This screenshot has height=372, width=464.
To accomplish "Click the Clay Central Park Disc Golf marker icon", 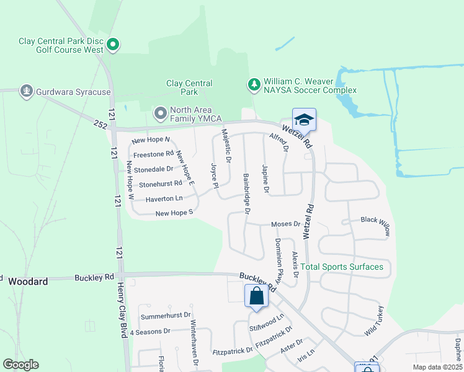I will click(x=113, y=45).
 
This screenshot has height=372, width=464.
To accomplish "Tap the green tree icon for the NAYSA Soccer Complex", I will click(x=253, y=84).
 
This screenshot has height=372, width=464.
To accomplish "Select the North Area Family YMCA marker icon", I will click(x=160, y=113).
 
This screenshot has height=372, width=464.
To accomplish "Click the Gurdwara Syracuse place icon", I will click(x=26, y=92).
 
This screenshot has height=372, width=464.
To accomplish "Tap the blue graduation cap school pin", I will click(x=304, y=119).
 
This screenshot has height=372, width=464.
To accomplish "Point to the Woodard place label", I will click(x=28, y=281).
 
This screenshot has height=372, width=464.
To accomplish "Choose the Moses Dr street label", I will click(x=285, y=224).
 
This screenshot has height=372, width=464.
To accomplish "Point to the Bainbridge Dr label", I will click(x=246, y=195).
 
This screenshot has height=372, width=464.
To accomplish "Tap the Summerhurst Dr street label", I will click(x=166, y=316).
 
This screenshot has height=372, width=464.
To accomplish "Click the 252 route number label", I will click(x=101, y=124).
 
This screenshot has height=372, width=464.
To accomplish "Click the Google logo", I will click(x=20, y=365).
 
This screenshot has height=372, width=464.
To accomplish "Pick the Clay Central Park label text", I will click(x=189, y=87).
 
